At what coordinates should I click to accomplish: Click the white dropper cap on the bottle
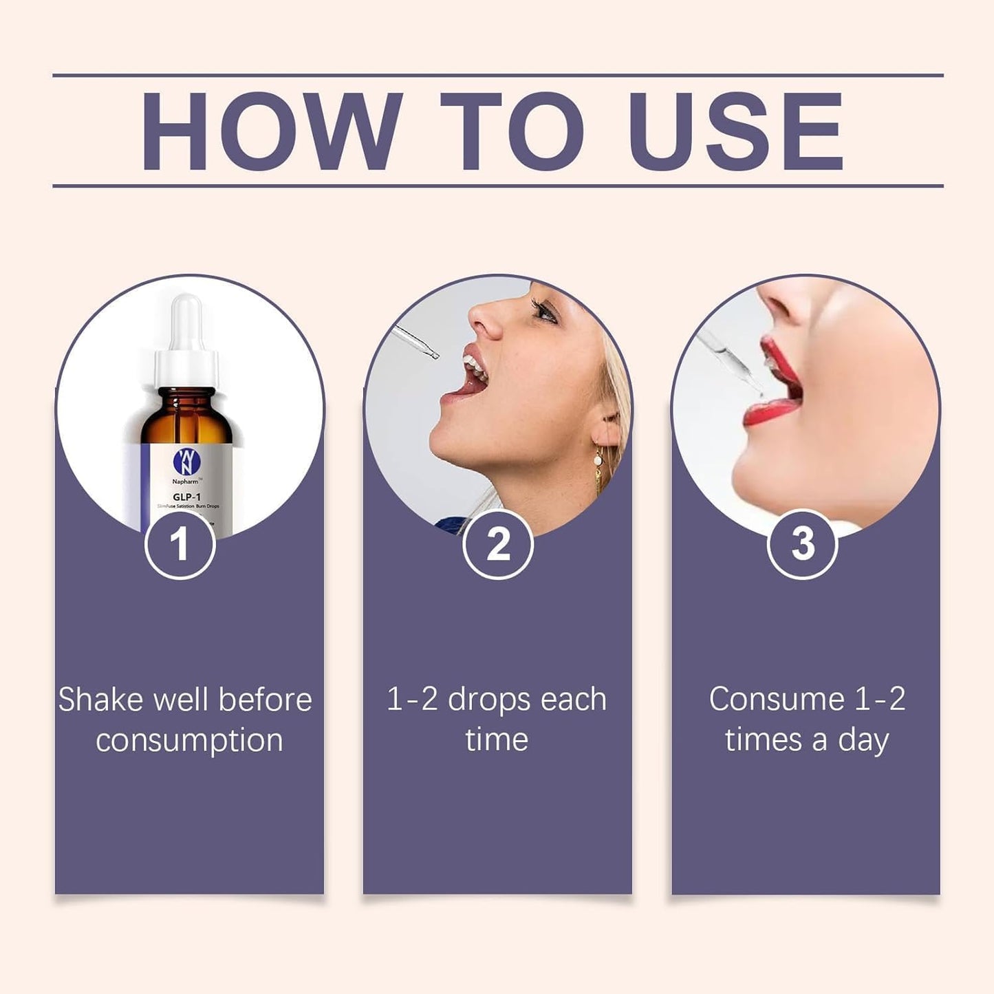point(186,344)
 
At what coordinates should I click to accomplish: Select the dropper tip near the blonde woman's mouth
point(433,355)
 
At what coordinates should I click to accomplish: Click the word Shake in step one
point(102,700)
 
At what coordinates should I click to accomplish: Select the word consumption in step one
point(189,741)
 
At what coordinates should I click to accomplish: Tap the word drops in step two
point(490,700)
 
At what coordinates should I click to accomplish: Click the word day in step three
point(863,741)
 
